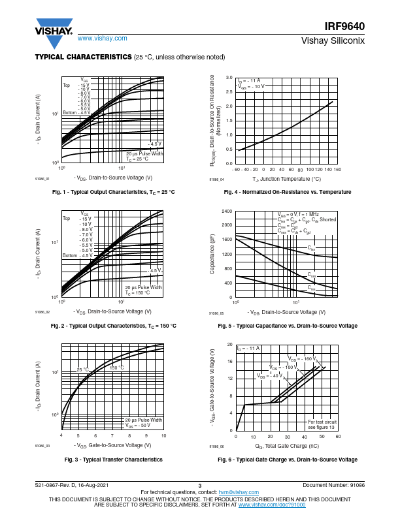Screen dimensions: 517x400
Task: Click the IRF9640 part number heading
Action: click(x=344, y=27)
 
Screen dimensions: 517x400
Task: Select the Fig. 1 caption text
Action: click(x=113, y=192)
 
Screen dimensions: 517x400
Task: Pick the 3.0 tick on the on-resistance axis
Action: click(x=229, y=77)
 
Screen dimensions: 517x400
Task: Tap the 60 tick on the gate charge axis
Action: click(x=338, y=437)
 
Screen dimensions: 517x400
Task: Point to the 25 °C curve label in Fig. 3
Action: click(x=83, y=369)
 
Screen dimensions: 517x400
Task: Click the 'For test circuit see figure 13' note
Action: click(x=322, y=424)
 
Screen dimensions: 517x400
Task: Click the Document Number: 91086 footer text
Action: click(x=333, y=485)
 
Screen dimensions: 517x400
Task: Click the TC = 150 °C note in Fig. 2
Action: click(x=138, y=293)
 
